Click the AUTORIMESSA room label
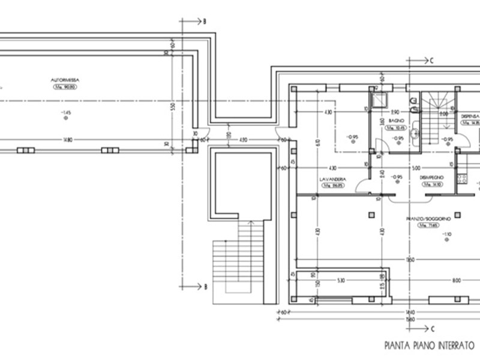coord(66,79)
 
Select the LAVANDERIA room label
coord(332,179)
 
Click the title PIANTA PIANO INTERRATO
coord(428,346)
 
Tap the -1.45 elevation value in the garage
coord(65,112)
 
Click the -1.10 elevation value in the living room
coord(447,234)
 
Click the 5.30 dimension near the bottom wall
coord(341,280)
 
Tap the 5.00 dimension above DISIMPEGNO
coord(415,168)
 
